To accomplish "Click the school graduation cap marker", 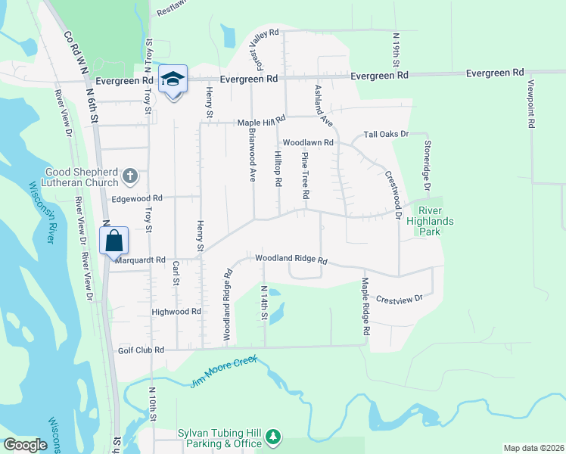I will pos(173,79).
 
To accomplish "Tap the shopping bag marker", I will pos(114,242).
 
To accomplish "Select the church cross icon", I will pos(130,177).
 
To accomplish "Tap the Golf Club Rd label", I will pos(141,350).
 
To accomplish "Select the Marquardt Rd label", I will pos(140,260).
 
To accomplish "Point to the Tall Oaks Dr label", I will pos(386,134).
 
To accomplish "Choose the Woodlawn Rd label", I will pos(308,142).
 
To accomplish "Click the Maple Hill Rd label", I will pos(261,121).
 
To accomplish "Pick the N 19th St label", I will pos(396,48).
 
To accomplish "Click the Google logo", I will pos(25,445).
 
